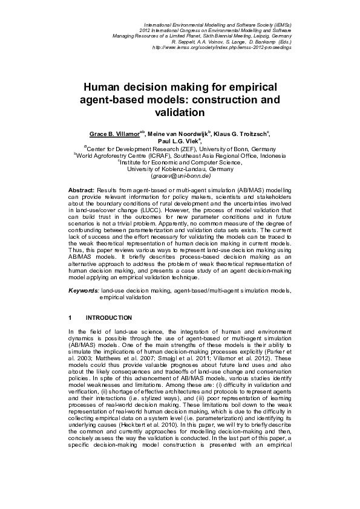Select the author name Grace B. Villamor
pos(114,132)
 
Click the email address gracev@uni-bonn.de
pos(180,177)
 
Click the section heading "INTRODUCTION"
pos(109,317)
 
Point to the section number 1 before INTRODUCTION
pos(70,317)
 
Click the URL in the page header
pos(222,47)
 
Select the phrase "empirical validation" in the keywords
pos(125,297)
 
